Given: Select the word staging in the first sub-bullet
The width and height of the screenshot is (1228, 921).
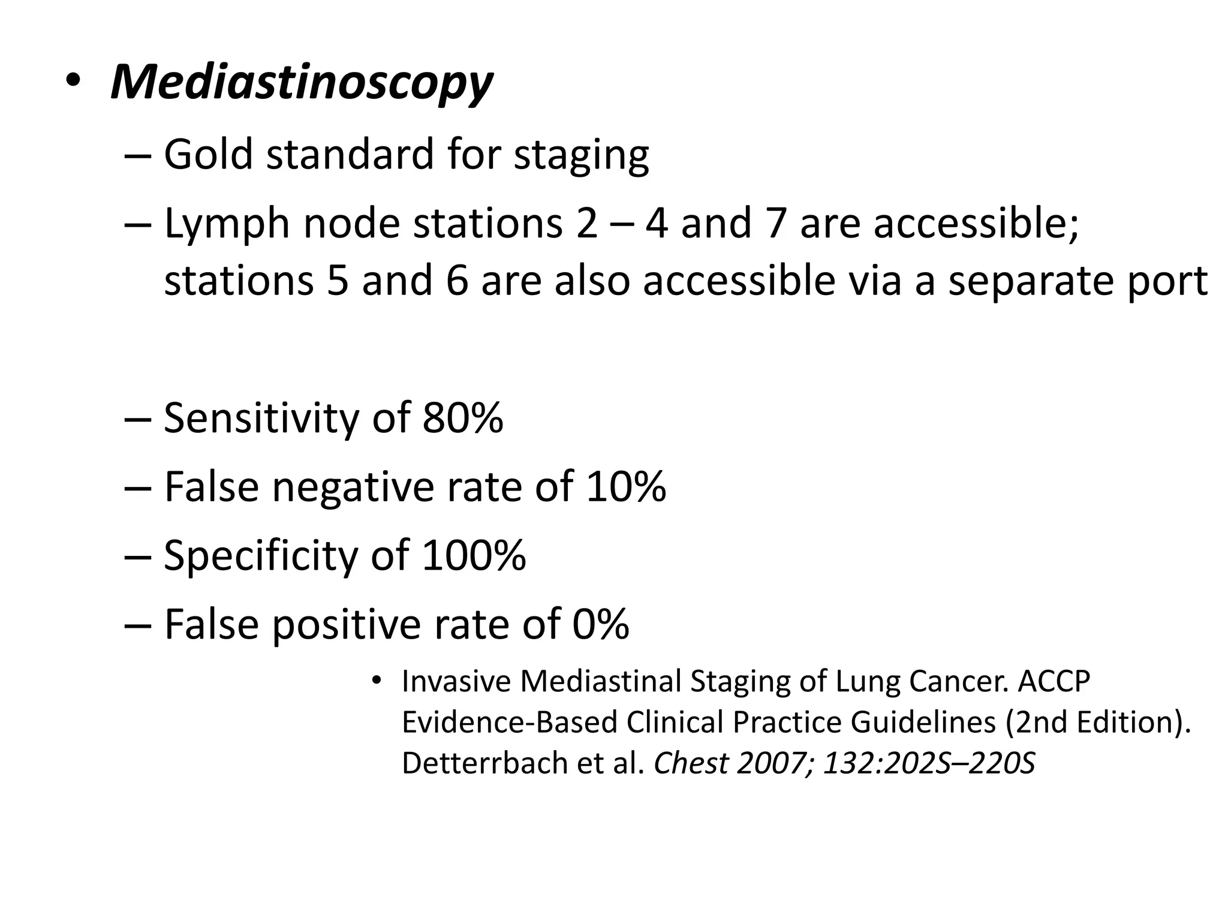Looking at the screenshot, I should pos(581,156).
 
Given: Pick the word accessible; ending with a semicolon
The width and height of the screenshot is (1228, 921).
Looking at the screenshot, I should pos(976,223).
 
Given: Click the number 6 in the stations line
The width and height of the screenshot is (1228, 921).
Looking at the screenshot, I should pos(457,281).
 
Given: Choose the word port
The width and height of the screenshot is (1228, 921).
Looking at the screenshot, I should pos(1167,282).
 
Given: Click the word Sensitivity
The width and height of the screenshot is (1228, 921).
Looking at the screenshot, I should pos(261,418).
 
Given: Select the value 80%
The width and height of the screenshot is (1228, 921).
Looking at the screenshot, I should pos(462,418).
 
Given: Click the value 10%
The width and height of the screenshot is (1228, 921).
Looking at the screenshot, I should pos(625,486).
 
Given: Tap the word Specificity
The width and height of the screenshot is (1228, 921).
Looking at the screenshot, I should pos(260,556).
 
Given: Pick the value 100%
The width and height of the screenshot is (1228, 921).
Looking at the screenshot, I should pos(473,555).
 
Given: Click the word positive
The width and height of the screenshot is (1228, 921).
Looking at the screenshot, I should pos(347,624).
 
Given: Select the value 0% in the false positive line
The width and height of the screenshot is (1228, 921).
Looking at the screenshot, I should pos(600,624).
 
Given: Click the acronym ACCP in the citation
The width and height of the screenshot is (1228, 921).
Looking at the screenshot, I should pos(1054,681).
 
